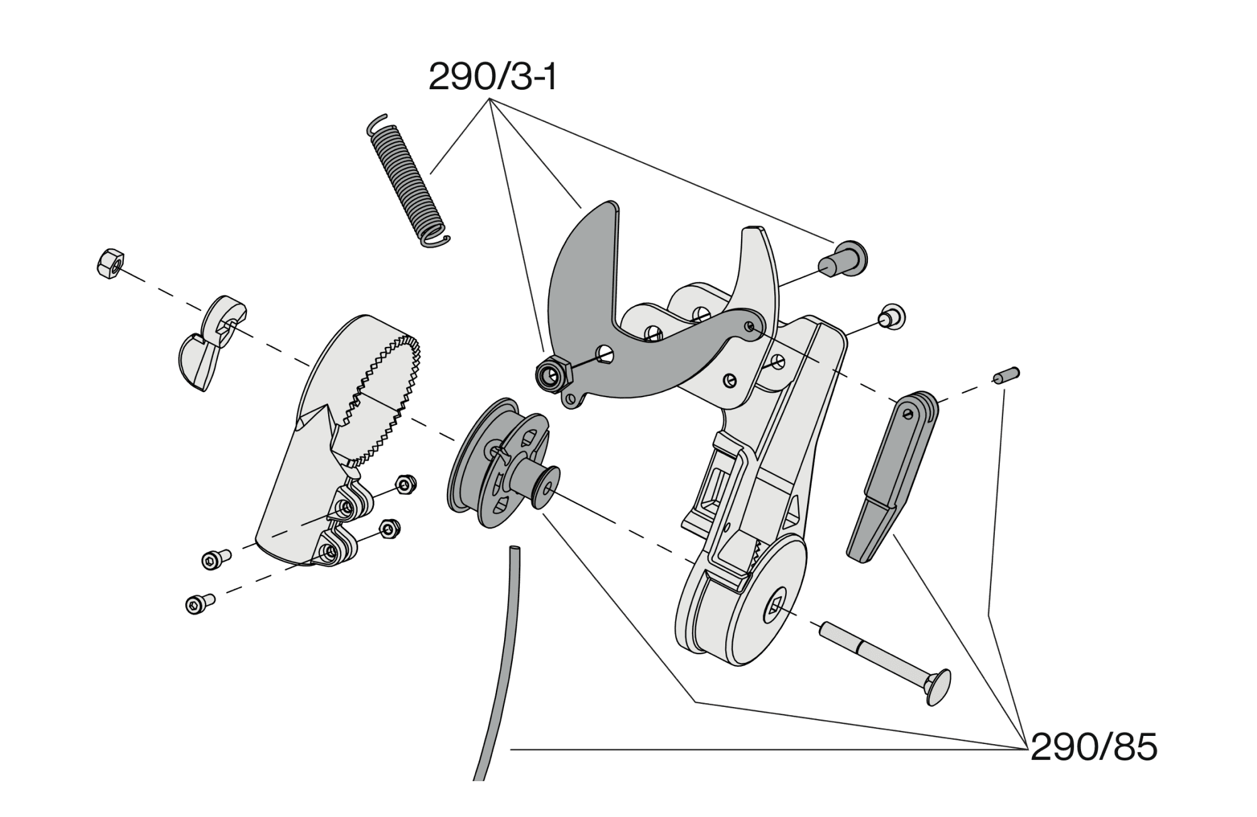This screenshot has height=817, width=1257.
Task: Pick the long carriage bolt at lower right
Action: coord(886,657)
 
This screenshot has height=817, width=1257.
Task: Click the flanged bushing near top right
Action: coord(845,259)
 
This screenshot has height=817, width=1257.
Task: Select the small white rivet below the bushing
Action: coord(891,315)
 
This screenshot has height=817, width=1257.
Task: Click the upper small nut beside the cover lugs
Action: coord(404,485)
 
